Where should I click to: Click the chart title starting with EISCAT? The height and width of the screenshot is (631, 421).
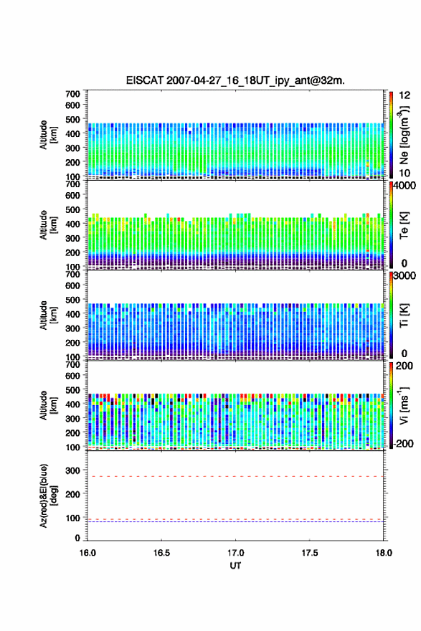click(x=235, y=80)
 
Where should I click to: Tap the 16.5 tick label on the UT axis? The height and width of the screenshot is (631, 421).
click(x=161, y=553)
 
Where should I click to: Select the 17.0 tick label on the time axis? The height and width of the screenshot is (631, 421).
click(x=235, y=553)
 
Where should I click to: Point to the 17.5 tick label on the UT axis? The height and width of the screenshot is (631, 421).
click(x=310, y=553)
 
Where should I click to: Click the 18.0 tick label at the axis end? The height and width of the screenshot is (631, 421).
click(x=384, y=553)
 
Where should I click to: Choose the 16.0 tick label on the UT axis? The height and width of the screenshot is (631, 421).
click(x=87, y=553)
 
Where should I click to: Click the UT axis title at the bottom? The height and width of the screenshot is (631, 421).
click(x=235, y=566)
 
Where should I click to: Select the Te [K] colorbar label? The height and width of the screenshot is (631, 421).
click(x=404, y=225)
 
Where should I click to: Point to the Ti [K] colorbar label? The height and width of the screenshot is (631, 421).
click(x=404, y=315)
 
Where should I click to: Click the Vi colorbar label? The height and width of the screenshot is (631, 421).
click(x=404, y=405)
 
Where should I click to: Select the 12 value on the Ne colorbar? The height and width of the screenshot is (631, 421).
click(x=405, y=95)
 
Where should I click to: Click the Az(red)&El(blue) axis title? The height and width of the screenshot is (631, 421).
click(x=48, y=495)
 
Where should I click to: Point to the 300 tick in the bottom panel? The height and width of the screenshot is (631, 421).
click(x=73, y=470)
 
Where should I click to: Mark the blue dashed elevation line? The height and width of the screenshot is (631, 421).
click(x=235, y=521)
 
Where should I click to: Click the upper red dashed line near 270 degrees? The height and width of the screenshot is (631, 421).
click(x=235, y=476)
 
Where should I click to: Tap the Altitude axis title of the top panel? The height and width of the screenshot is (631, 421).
click(x=48, y=135)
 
